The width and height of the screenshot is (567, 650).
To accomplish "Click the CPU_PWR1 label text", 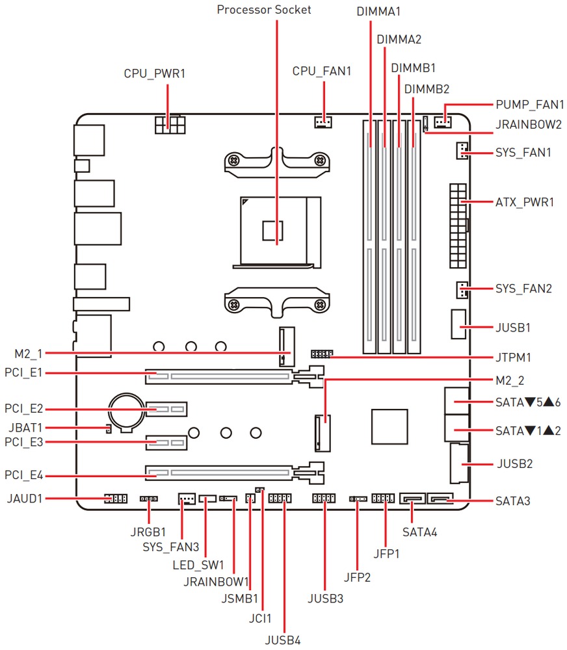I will click(155, 73).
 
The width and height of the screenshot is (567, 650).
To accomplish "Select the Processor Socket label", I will click(264, 10).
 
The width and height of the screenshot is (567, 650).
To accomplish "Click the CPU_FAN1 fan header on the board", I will click(322, 121).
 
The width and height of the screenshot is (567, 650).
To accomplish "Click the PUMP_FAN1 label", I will click(529, 104).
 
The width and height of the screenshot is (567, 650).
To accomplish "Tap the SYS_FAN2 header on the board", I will click(461, 290).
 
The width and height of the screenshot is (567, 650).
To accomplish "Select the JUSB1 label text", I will click(513, 328).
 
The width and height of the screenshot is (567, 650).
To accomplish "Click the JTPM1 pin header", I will click(321, 354).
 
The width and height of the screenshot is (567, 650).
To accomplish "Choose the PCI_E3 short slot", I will click(165, 443).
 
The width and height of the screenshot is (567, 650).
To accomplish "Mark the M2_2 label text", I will click(510, 379).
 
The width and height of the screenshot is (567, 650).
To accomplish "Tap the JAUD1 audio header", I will click(114, 499).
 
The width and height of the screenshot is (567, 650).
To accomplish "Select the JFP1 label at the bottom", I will click(386, 554).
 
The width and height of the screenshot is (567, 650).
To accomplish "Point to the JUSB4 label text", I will click(283, 640).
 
